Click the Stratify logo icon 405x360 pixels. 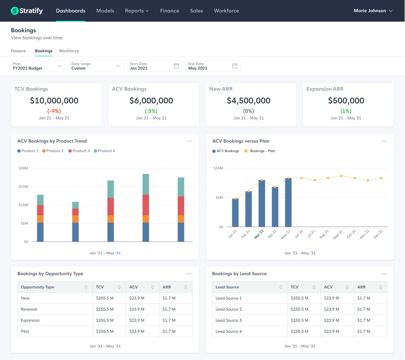coord(15,11)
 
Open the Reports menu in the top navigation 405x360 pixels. coord(137,11)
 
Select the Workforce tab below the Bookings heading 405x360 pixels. coord(69,51)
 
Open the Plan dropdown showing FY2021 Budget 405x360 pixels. coord(38,66)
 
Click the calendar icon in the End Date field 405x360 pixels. coord(234,66)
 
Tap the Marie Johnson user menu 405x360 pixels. coord(373,11)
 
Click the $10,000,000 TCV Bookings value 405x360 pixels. coord(54,101)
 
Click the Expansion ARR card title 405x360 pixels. coord(325,89)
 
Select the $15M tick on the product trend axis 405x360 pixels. coord(23,186)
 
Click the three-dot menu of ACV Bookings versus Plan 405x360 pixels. coord(384,141)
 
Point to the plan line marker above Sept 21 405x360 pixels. coord(341,176)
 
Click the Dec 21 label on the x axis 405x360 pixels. coord(378,234)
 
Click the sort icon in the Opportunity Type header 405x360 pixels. coord(86,287)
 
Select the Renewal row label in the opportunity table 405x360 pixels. coord(29,309)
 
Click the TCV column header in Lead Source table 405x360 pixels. coord(295,287)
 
